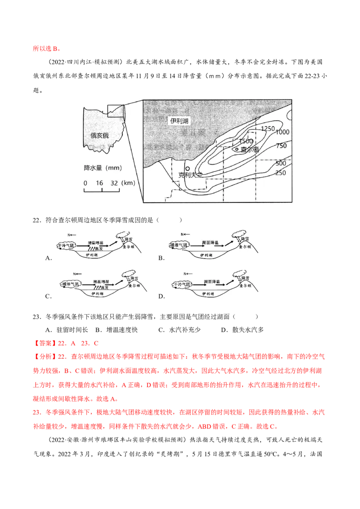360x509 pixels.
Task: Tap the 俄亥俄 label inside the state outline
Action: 99,135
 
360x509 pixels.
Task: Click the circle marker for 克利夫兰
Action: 188,168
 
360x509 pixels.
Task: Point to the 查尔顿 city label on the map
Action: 250,149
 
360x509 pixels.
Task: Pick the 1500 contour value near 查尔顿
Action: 246,141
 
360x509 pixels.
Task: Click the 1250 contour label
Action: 267,129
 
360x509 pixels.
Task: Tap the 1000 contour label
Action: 283,132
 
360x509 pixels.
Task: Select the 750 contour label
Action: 282,146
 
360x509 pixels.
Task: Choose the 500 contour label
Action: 281,163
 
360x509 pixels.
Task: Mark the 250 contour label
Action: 281,173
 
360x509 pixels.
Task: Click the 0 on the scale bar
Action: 85,183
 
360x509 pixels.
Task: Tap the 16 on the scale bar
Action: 99,183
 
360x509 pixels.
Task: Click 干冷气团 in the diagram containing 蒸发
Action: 67,246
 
